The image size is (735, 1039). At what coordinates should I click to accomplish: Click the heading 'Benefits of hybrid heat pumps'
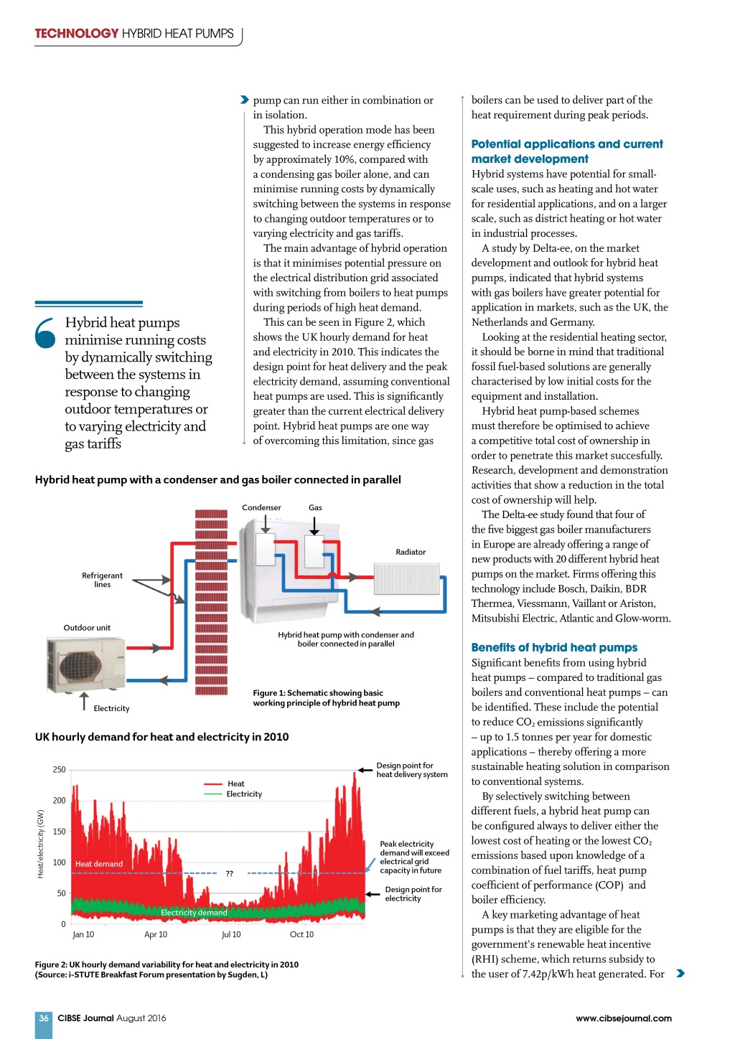click(x=554, y=647)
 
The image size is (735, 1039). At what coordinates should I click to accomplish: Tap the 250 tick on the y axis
click(x=59, y=770)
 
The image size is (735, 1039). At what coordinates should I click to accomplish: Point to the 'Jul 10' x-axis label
click(x=231, y=934)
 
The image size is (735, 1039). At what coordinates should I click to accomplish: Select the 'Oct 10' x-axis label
click(x=301, y=934)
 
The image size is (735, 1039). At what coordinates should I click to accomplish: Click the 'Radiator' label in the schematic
click(x=411, y=552)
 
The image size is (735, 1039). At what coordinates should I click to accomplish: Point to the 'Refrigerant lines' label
click(x=102, y=580)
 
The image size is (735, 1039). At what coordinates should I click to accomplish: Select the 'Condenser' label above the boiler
click(x=261, y=507)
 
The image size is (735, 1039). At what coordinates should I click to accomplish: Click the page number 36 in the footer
click(x=44, y=1018)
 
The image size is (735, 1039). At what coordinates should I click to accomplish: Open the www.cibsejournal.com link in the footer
click(x=623, y=1018)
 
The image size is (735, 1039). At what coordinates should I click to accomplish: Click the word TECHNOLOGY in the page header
click(x=77, y=34)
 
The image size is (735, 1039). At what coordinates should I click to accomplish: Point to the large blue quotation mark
click(x=45, y=333)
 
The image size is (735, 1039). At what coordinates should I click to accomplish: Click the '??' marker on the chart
click(x=230, y=873)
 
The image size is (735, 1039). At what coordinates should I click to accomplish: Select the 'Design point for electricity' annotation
click(x=413, y=893)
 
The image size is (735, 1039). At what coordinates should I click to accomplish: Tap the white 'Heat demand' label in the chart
click(x=99, y=864)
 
